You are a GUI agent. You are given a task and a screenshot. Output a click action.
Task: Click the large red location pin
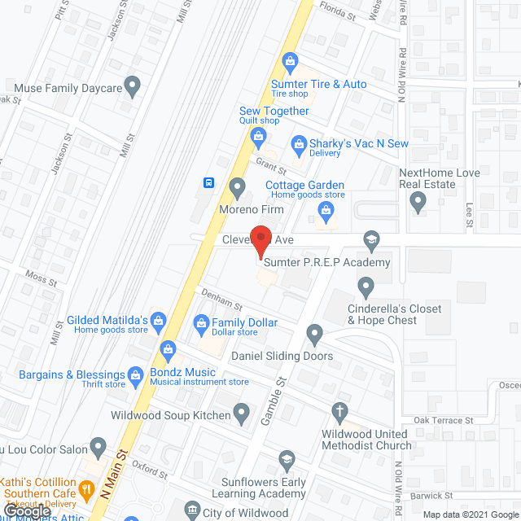260,239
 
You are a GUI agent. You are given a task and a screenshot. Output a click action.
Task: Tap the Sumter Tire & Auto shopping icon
289,60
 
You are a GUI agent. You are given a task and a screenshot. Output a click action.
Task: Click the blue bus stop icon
209,182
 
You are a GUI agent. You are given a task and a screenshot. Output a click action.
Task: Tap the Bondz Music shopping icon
168,349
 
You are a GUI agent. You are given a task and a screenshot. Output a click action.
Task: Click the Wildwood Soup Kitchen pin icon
241,413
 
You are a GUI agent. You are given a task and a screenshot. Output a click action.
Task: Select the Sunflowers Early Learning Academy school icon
286,461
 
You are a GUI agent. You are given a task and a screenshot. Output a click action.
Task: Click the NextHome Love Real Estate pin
418,200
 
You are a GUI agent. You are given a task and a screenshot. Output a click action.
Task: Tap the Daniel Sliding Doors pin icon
315,333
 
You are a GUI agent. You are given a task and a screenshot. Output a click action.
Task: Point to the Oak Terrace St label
444,420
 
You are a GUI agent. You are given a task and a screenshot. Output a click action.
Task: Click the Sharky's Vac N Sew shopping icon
298,144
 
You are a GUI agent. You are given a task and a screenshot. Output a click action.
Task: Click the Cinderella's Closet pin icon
366,286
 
